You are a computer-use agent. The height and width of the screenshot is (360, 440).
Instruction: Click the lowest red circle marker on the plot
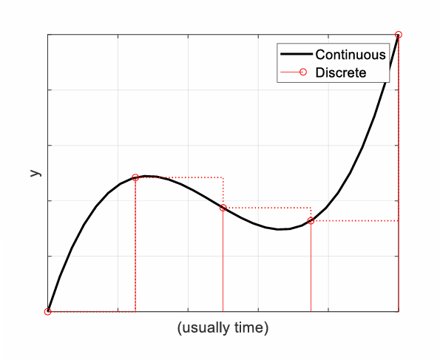click(x=48, y=311)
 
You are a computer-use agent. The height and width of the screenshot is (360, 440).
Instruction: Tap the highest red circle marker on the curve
click(x=399, y=35)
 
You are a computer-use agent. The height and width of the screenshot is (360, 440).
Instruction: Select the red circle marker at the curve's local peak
click(x=135, y=177)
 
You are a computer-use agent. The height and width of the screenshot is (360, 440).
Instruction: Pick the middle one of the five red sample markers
click(x=223, y=208)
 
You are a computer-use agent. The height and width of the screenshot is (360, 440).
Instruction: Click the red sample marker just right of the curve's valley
click(x=311, y=220)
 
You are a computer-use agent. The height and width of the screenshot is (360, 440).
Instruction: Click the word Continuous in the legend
click(x=351, y=54)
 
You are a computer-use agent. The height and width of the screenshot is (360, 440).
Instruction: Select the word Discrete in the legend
click(x=341, y=72)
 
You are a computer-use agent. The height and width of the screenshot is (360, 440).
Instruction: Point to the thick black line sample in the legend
click(x=294, y=54)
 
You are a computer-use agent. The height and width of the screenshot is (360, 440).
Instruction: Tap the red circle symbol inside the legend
click(x=294, y=72)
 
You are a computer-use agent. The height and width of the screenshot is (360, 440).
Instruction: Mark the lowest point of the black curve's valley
click(x=280, y=229)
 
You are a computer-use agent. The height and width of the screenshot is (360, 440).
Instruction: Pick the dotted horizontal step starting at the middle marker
click(x=267, y=208)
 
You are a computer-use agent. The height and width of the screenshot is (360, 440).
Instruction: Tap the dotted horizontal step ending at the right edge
click(x=355, y=220)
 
